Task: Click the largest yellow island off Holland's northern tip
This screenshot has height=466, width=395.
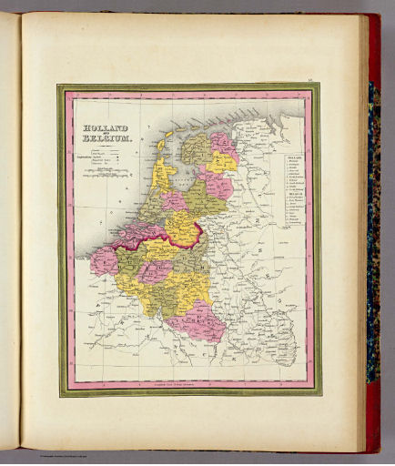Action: point(167,144)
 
